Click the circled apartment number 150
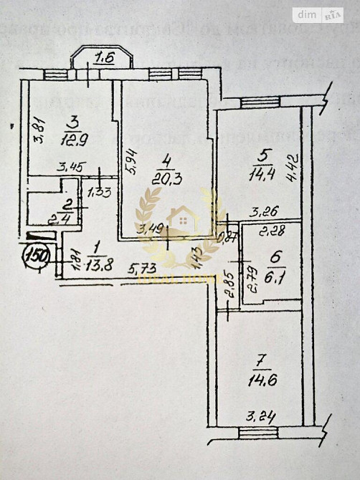point(35,255)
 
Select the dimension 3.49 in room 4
point(151,229)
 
